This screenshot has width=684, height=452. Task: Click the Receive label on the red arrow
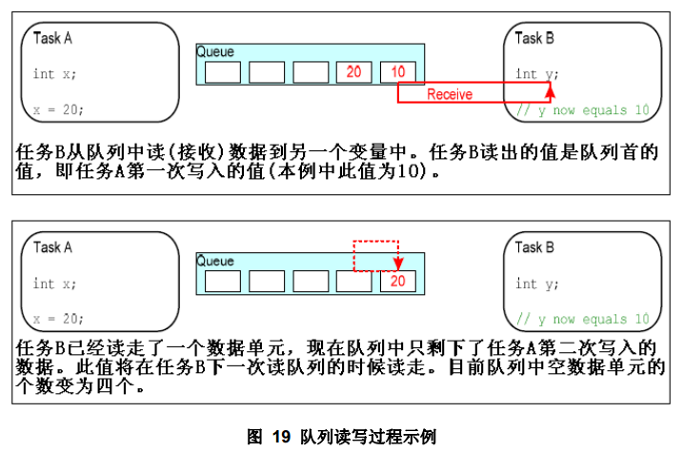[450, 94]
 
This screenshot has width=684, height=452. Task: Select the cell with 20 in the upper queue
[353, 72]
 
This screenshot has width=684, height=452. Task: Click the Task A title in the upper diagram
[52, 38]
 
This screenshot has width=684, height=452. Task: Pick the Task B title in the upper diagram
[534, 38]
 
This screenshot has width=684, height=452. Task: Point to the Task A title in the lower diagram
[52, 247]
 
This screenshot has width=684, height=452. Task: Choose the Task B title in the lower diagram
[534, 247]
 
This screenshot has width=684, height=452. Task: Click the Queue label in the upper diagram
[215, 51]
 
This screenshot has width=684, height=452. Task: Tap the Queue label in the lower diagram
[215, 260]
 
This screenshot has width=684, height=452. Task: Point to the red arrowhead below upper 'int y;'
[550, 88]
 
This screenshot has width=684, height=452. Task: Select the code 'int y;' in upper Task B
[537, 73]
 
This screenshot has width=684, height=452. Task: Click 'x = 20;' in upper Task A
[58, 109]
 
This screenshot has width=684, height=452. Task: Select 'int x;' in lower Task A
[55, 283]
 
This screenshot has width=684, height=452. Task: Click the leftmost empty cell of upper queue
[222, 72]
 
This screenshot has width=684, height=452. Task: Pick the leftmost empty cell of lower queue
[222, 281]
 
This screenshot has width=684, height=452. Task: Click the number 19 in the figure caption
[280, 437]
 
